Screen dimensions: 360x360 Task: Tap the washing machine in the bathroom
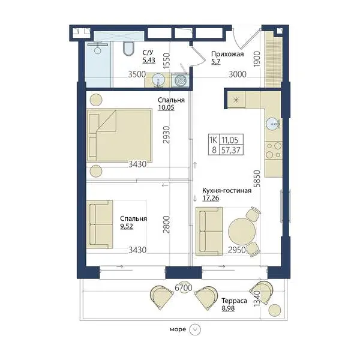click(180, 80)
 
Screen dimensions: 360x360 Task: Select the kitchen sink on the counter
click(273, 124)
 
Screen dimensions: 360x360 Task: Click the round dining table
click(242, 231)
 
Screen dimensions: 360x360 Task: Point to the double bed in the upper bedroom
click(119, 135)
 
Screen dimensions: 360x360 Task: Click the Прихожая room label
click(227, 54)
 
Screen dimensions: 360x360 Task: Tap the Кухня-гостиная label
click(227, 191)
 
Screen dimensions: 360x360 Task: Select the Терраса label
click(234, 301)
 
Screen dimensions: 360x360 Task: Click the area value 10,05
click(166, 107)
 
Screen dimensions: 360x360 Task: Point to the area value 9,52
click(127, 226)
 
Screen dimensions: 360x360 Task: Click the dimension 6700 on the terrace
click(184, 287)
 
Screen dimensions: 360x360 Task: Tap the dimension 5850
click(257, 178)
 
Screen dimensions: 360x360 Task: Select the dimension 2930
click(166, 135)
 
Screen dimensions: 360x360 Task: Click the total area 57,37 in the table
click(231, 150)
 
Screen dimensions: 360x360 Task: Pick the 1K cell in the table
click(214, 140)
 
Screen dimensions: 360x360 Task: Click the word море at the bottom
click(178, 329)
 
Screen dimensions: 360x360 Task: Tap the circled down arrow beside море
click(195, 329)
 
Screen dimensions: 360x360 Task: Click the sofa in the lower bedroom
click(100, 224)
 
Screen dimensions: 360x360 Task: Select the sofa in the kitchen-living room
click(209, 231)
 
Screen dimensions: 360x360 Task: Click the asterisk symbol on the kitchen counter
click(236, 100)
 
